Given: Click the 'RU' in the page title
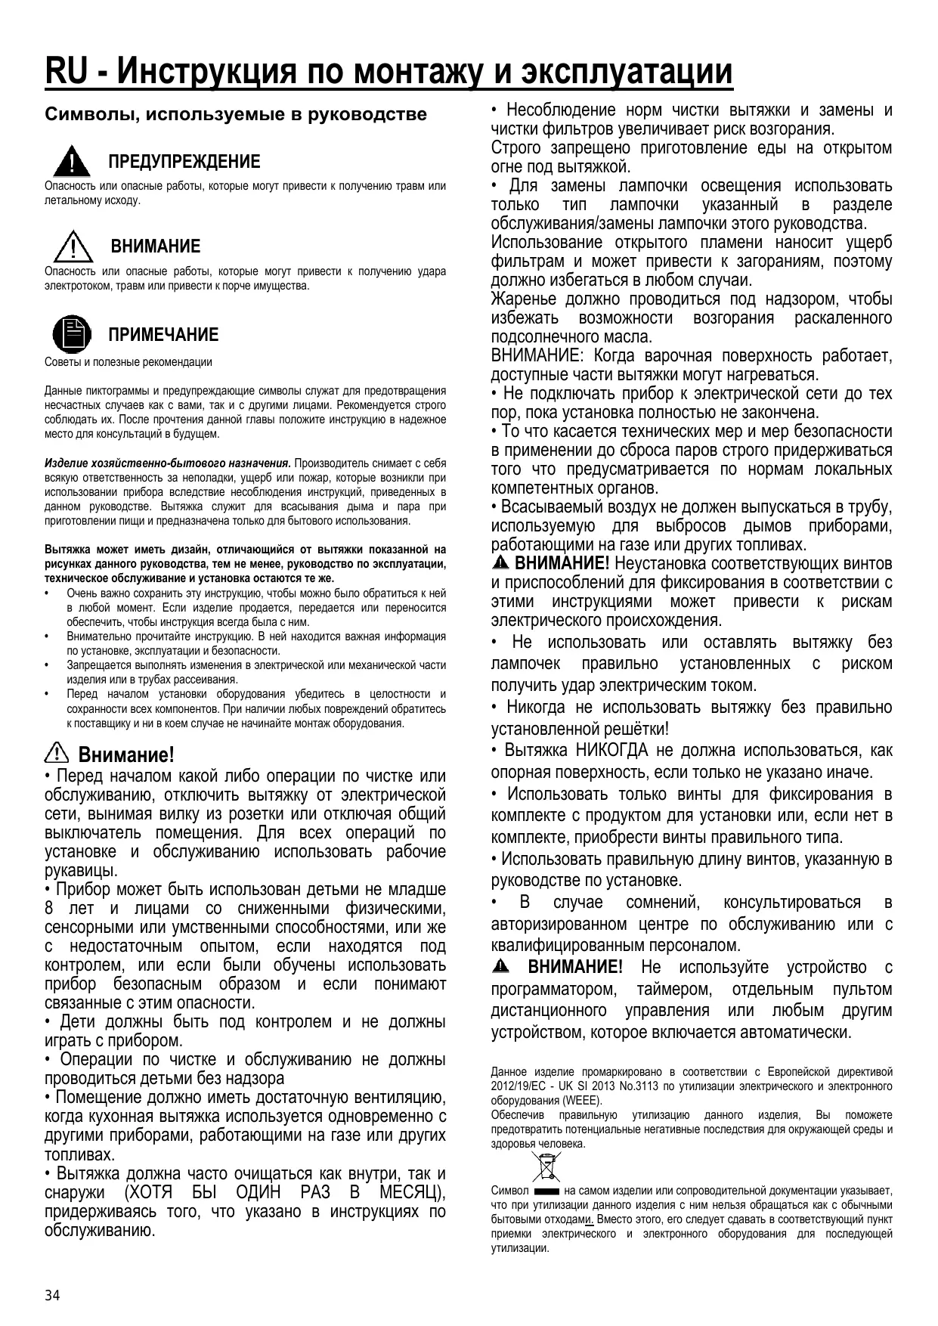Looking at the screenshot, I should point(66,73).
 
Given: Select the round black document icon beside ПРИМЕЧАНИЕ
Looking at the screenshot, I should point(70,334).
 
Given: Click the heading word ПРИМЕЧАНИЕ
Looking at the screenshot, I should point(163,335).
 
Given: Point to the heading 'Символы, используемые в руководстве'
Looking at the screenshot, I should point(236,115).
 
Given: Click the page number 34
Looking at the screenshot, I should point(52,1296).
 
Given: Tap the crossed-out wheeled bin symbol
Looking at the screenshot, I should point(544,1166).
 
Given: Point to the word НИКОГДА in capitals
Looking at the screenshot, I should point(612,751).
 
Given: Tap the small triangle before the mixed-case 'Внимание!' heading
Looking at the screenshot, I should point(57,754).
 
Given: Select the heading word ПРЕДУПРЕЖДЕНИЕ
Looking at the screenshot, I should point(184,162).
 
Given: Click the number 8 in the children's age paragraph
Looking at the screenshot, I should point(50,909).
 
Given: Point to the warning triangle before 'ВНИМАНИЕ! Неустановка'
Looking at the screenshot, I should point(500,564).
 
